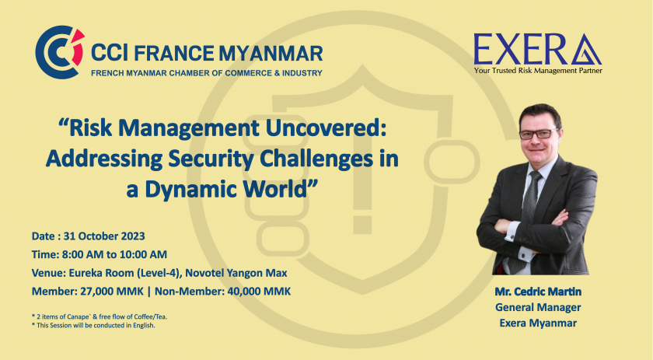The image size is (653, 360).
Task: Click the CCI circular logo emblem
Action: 60,52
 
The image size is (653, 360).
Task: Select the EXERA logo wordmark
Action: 537,49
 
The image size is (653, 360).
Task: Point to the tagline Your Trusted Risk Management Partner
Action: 538,71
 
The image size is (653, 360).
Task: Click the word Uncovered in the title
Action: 326,128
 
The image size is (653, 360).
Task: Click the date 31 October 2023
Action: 104,236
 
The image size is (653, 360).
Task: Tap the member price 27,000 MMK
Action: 112,292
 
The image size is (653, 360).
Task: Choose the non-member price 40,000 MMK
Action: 259,292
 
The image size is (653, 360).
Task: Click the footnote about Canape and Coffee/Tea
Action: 100,316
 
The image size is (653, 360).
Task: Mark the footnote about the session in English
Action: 93,326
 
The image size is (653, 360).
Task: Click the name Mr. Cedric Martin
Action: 538,292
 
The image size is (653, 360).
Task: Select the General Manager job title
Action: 538,307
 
